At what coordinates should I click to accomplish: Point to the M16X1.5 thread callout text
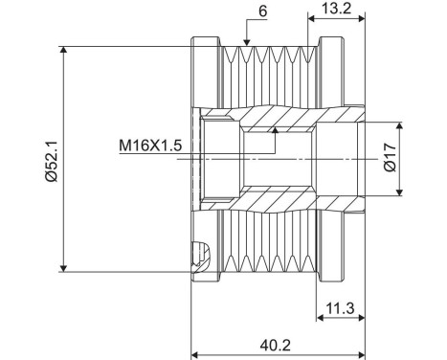pos(150,146)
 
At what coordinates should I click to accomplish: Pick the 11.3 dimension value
pos(340,307)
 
